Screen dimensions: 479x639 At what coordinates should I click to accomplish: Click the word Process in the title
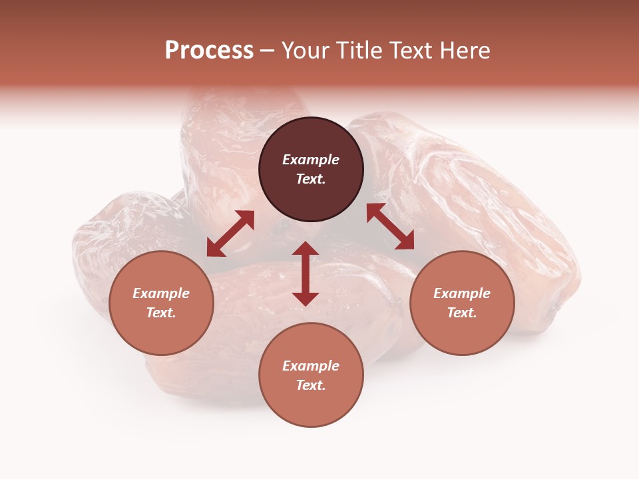click(x=209, y=51)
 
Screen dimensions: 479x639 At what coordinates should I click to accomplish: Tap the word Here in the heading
click(x=465, y=51)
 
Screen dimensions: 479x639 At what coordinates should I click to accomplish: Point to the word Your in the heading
click(x=305, y=51)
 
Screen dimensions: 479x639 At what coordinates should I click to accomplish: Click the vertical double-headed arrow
click(x=306, y=273)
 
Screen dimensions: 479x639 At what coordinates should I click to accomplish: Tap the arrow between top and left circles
click(x=230, y=234)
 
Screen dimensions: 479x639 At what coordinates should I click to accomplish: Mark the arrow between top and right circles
click(x=390, y=226)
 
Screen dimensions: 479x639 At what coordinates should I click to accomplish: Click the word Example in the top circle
click(x=311, y=160)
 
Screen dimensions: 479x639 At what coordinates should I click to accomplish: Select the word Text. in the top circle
click(x=311, y=179)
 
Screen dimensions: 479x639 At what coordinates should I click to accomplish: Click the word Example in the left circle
click(x=161, y=293)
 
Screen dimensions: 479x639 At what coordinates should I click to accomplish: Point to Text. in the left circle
click(x=161, y=313)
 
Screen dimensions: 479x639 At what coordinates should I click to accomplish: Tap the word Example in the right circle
click(x=462, y=293)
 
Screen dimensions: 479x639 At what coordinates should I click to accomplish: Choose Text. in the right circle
click(x=462, y=313)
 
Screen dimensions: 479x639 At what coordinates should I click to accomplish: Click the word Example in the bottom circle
click(x=311, y=366)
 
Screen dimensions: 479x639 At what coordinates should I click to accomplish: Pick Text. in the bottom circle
click(x=311, y=385)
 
